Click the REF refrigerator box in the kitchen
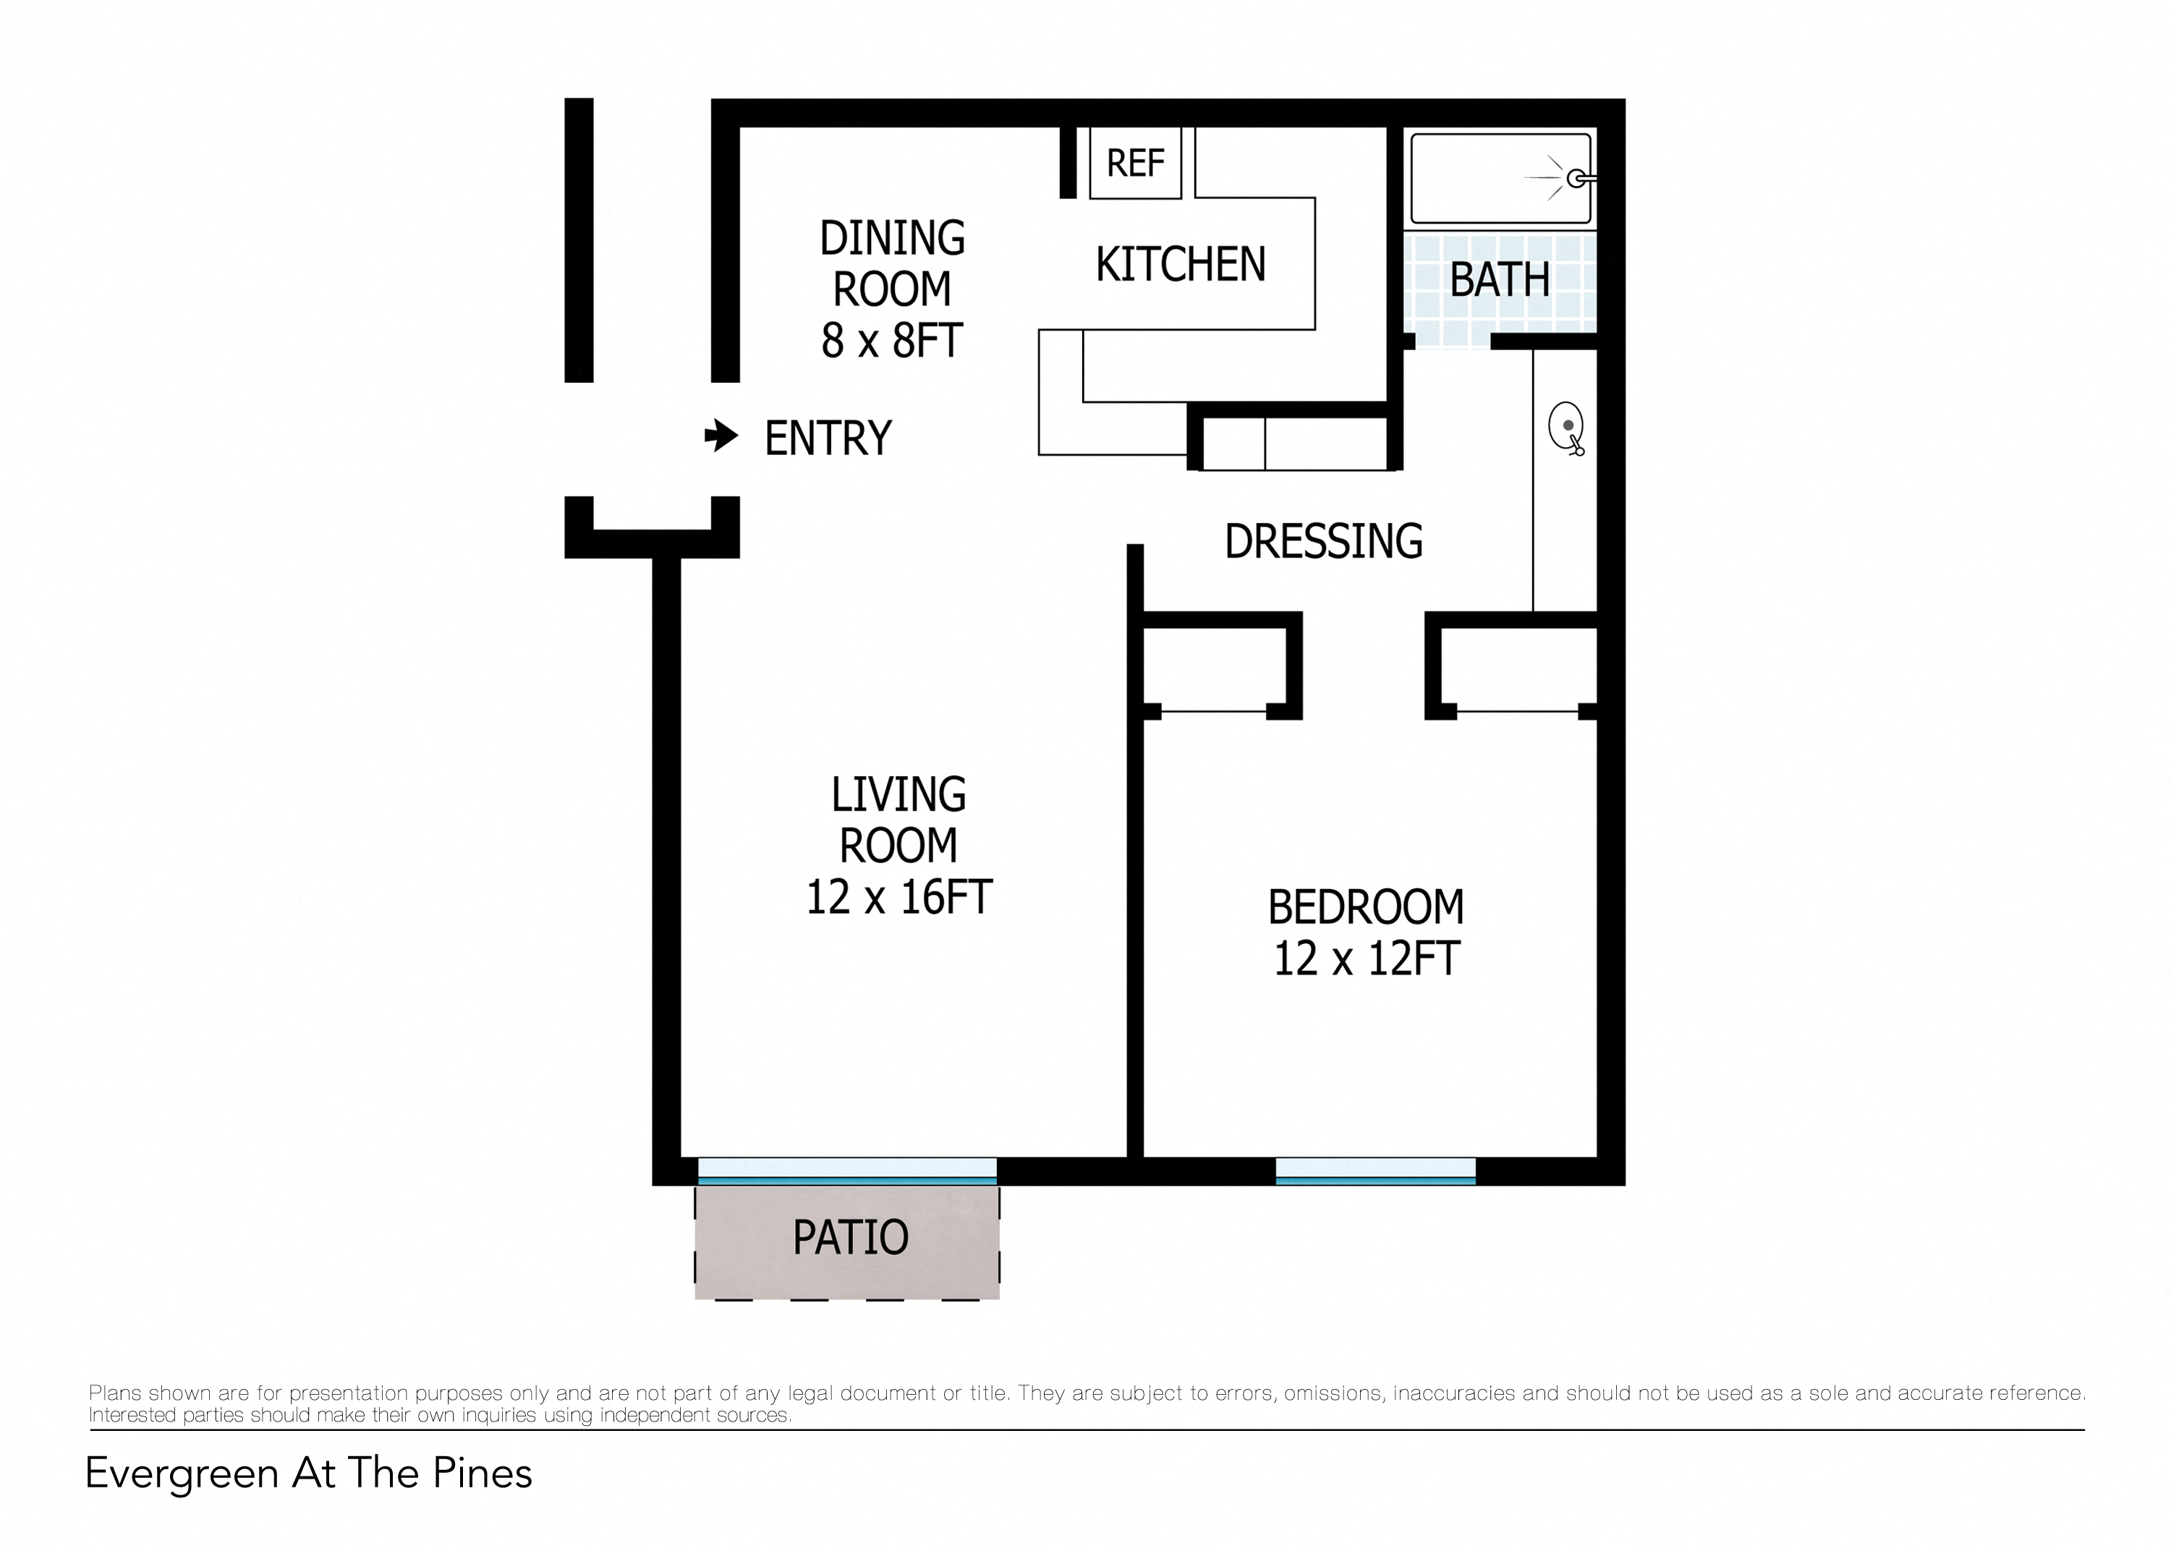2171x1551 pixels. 1134,163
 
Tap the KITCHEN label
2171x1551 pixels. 1180,265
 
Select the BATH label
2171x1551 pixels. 1499,280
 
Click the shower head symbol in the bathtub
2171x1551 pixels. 1575,178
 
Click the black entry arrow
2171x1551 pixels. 721,435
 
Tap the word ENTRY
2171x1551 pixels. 827,438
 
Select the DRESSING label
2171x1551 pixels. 1323,542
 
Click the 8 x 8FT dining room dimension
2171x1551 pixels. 891,341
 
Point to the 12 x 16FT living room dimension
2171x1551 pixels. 898,897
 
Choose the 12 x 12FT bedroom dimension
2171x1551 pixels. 1366,958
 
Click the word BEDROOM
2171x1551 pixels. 1365,907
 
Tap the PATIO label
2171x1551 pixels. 850,1238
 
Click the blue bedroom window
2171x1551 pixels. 1375,1171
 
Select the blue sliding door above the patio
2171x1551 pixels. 846,1171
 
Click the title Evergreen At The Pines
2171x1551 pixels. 308,1473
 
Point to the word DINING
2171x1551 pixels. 892,238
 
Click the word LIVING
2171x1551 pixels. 898,794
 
